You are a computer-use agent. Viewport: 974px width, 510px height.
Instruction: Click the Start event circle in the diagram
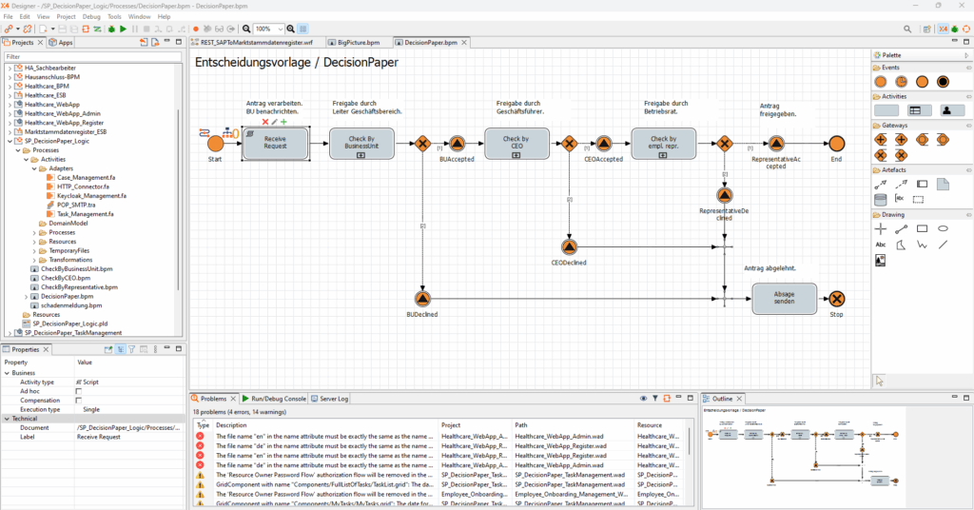click(x=215, y=143)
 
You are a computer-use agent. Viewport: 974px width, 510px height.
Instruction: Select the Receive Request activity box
click(x=276, y=144)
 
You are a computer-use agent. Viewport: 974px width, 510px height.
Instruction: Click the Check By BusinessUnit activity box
click(x=361, y=144)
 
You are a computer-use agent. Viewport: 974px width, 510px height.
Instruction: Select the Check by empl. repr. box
click(x=664, y=144)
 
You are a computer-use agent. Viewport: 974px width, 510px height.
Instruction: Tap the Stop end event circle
click(x=836, y=299)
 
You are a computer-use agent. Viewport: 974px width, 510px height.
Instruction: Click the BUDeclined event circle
click(x=422, y=299)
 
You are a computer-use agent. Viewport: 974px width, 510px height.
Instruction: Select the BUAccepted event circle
click(x=457, y=144)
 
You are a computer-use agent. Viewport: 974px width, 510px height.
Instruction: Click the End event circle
click(x=836, y=144)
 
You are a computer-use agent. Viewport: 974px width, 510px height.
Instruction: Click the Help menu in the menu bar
click(x=165, y=17)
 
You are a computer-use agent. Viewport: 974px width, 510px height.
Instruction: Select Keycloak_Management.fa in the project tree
click(x=91, y=195)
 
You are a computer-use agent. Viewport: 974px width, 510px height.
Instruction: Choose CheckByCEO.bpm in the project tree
click(x=66, y=278)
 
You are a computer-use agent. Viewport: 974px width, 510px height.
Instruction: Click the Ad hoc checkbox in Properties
click(x=79, y=391)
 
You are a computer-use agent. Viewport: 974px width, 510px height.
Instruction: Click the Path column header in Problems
click(x=522, y=425)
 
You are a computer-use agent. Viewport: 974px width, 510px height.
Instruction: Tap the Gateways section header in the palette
click(x=893, y=125)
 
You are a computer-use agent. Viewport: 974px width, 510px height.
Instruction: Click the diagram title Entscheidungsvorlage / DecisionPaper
click(x=296, y=63)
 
